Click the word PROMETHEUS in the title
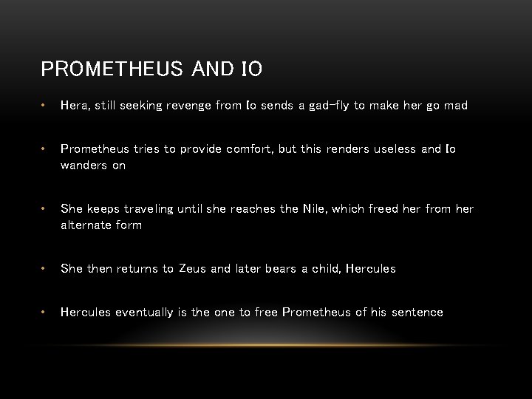(110, 69)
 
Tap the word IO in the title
(251, 69)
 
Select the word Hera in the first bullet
(75, 106)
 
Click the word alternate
(86, 225)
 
